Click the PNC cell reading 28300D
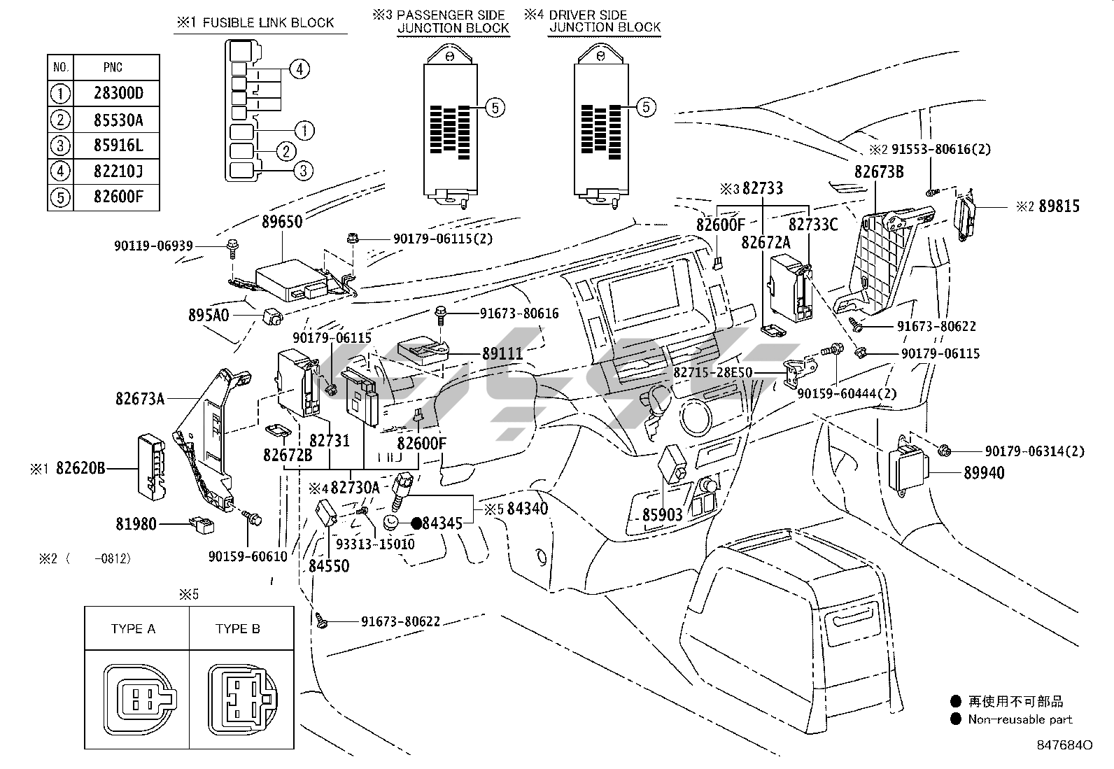(x=118, y=94)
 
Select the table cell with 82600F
(x=118, y=197)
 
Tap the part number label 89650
(x=282, y=222)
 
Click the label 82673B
(x=878, y=171)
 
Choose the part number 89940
(x=983, y=474)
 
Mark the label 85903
(x=662, y=515)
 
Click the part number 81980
(x=137, y=523)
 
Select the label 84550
(x=329, y=565)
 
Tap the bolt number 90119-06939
(x=153, y=246)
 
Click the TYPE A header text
(x=133, y=629)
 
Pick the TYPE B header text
(x=238, y=629)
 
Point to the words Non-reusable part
(x=1020, y=719)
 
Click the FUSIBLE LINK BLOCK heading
(x=268, y=23)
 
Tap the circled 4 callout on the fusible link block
(x=299, y=69)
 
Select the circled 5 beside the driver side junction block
(x=645, y=107)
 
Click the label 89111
(x=502, y=354)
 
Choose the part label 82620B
(x=80, y=468)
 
